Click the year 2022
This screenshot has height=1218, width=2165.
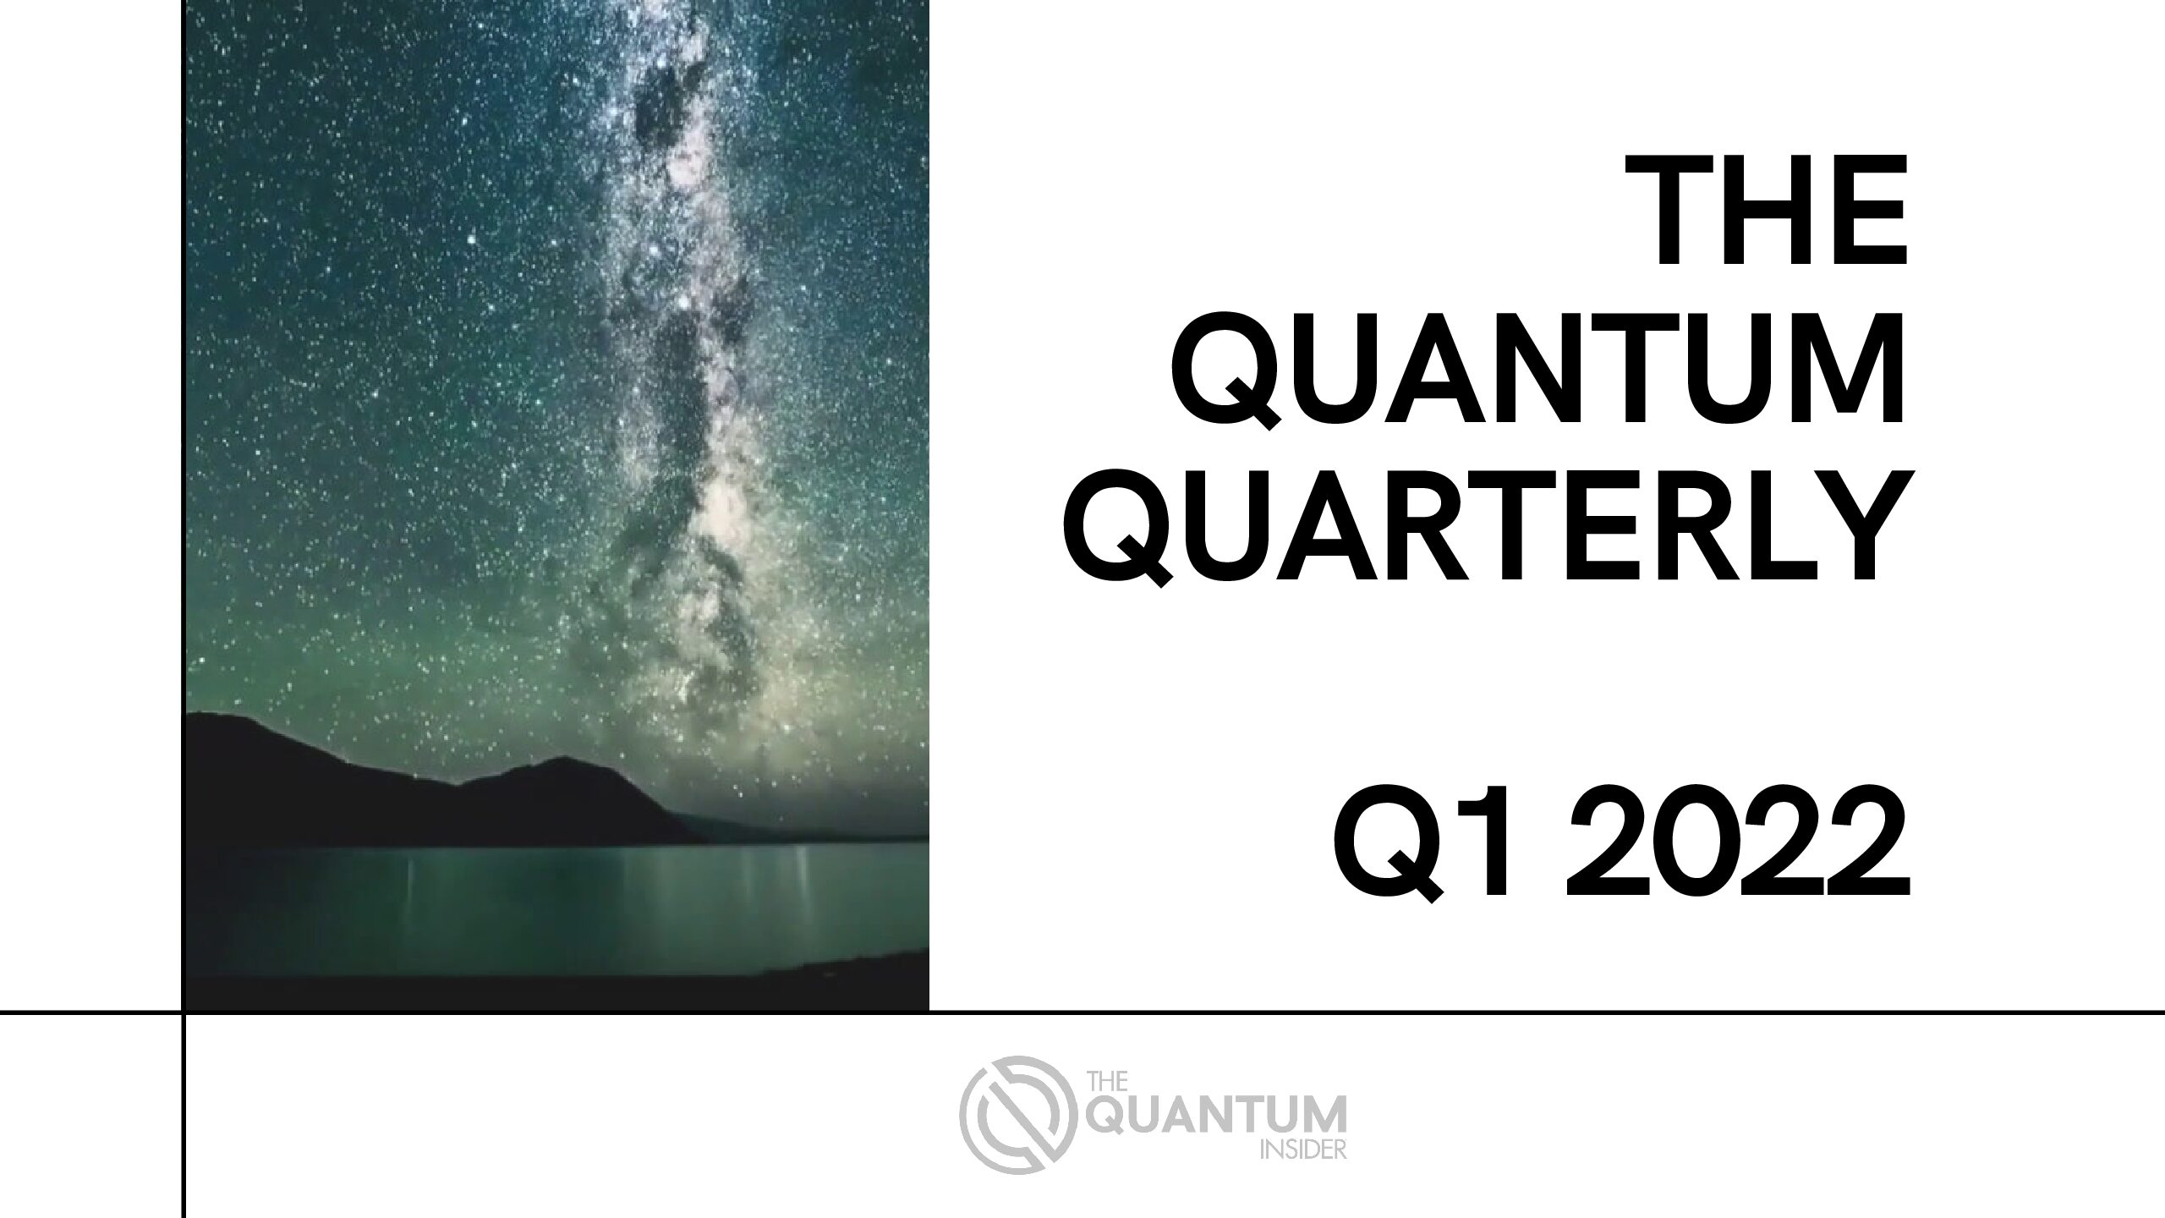[1746, 852]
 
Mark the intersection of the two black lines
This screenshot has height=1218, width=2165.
[183, 1012]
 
